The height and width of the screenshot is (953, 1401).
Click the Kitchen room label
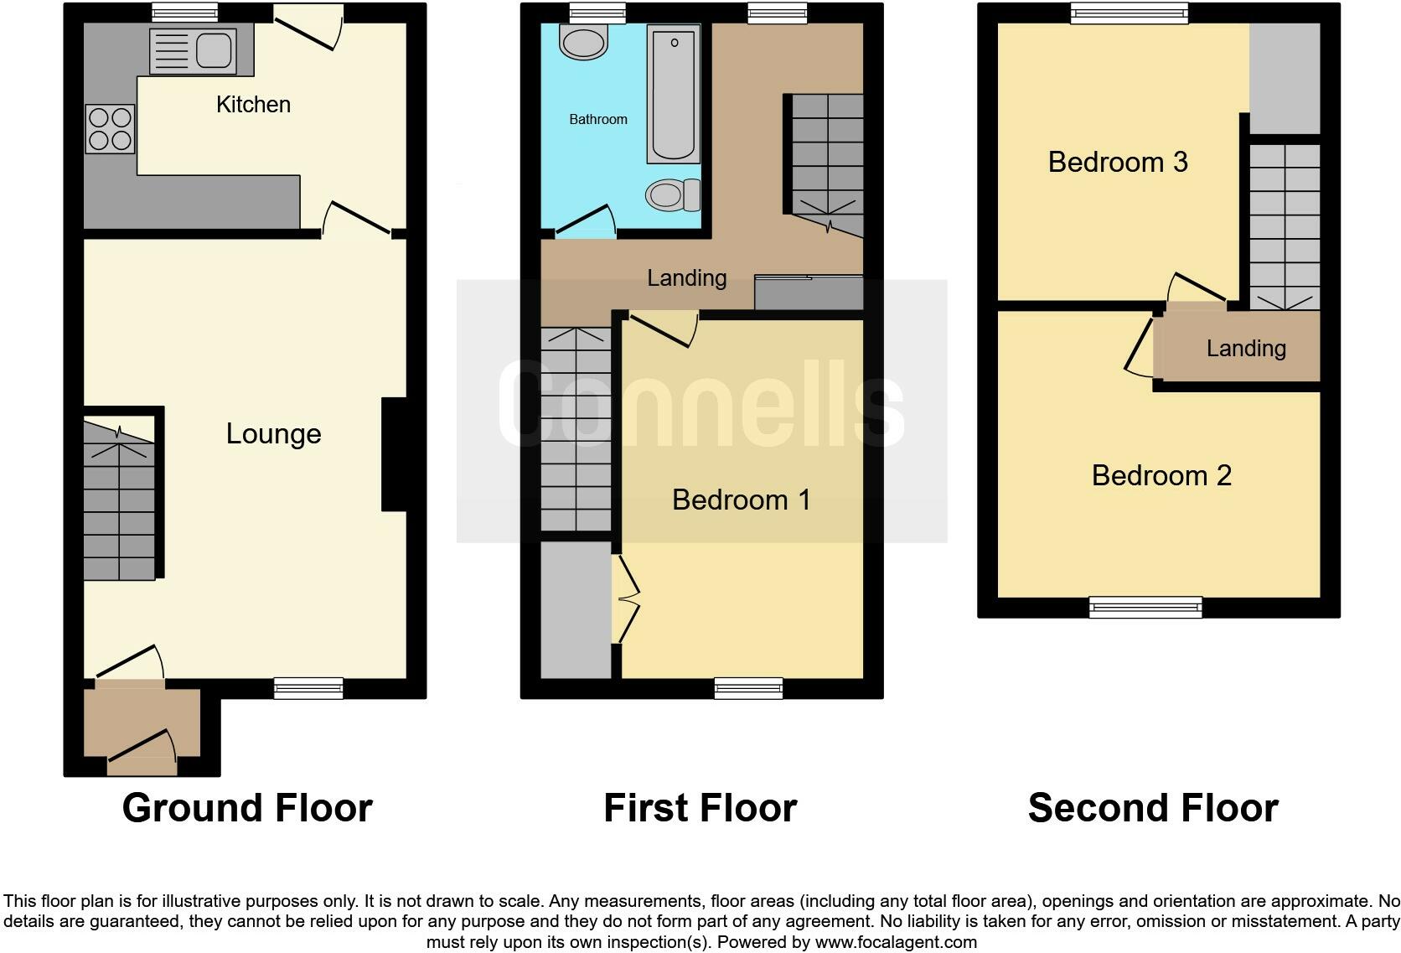coord(253,105)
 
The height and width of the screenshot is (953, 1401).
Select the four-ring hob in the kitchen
coord(110,128)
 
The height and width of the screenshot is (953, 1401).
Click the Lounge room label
coord(273,433)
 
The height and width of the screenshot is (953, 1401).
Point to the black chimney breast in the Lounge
coord(394,453)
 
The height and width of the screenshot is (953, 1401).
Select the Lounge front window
coord(308,688)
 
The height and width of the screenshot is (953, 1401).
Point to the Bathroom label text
coord(598,119)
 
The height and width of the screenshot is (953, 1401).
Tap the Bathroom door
coord(585,220)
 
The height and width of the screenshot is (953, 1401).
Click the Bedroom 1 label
coord(741,500)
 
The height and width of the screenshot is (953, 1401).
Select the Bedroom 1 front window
coord(748,688)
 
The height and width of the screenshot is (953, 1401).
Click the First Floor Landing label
coord(686,278)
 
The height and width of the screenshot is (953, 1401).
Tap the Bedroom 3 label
coord(1118,162)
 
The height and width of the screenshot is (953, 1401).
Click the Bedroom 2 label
coord(1161,475)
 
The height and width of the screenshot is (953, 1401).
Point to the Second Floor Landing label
coord(1246,349)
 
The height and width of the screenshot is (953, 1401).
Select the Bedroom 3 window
coord(1130,13)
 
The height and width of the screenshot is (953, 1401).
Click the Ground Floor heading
coord(247,808)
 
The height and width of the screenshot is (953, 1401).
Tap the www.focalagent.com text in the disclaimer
coord(896,941)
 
